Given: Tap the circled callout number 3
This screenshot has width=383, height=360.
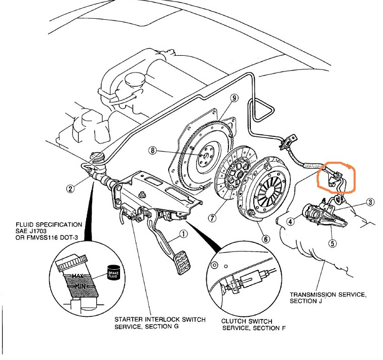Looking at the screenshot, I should click(x=370, y=202).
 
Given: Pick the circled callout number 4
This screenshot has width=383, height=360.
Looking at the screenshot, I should click(x=290, y=221).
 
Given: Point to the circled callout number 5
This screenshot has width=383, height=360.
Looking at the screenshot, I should click(x=332, y=243).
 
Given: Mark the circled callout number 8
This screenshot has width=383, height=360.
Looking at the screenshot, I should click(x=154, y=150).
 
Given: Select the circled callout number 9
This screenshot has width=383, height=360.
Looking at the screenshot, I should click(x=234, y=98).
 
